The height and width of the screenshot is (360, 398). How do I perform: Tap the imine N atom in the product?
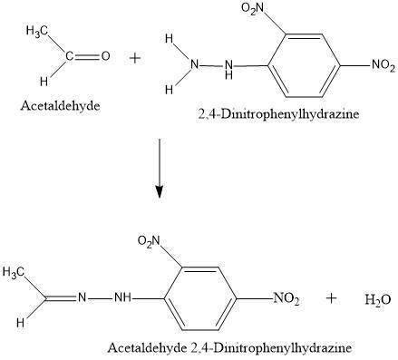(x=80, y=297)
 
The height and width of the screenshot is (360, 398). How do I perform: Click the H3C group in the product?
(x=15, y=270)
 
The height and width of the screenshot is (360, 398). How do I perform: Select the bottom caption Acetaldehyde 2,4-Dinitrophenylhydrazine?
(x=228, y=347)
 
